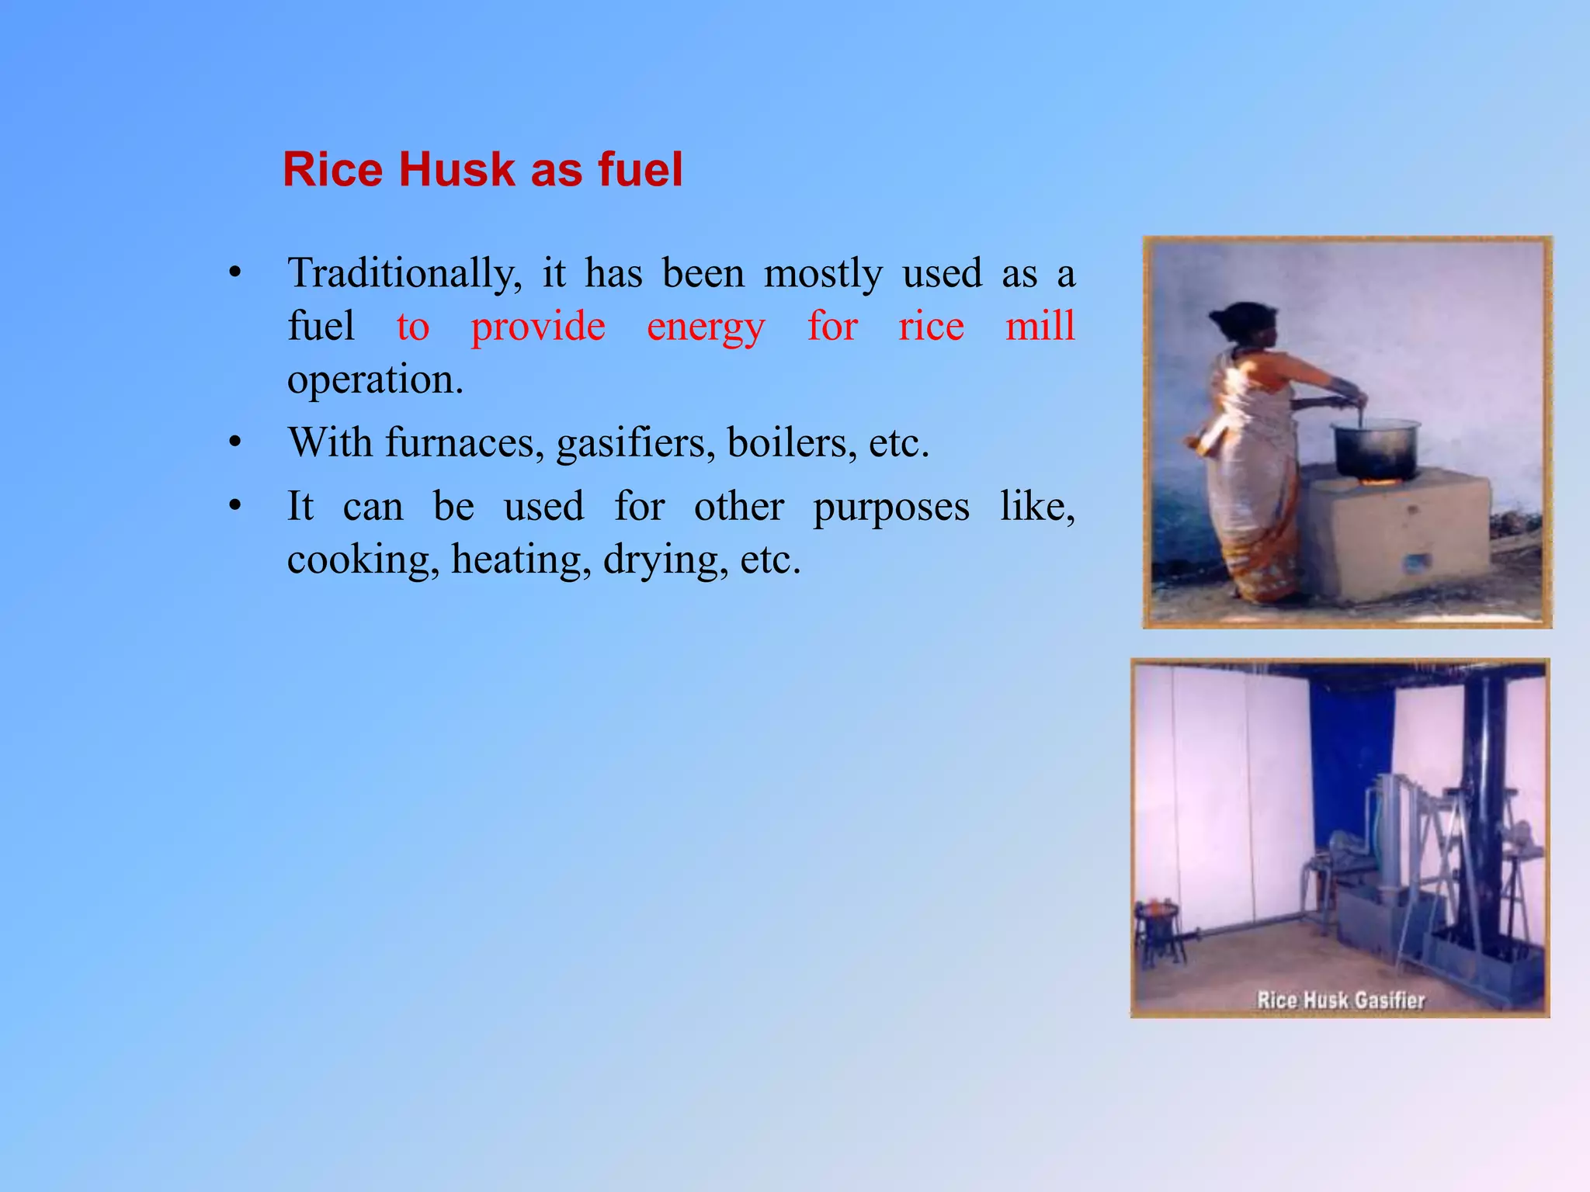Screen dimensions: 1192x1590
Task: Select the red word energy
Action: (x=706, y=326)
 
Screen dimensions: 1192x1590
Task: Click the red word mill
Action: (x=1040, y=325)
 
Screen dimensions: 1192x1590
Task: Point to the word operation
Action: (x=375, y=379)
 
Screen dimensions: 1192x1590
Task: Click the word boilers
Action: (x=792, y=442)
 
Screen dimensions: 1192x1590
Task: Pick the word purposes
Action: (x=890, y=507)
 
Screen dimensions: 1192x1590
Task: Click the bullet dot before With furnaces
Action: (x=235, y=443)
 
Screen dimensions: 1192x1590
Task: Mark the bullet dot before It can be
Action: (x=235, y=507)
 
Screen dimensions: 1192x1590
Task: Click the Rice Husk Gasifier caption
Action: (x=1341, y=1000)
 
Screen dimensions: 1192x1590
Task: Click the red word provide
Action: (x=538, y=326)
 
